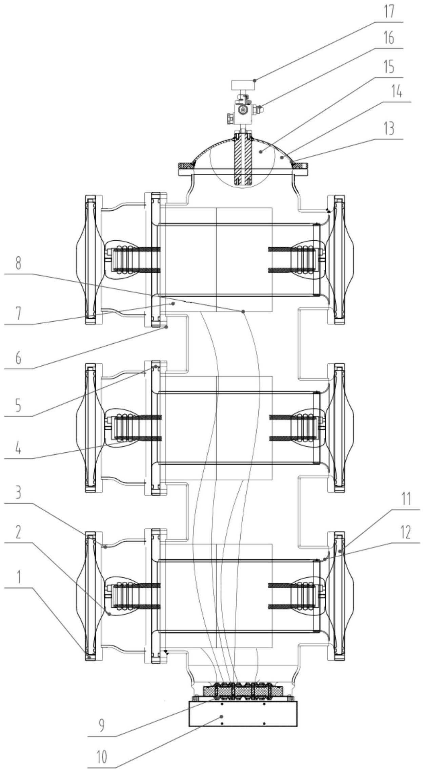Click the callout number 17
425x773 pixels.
pyautogui.click(x=389, y=12)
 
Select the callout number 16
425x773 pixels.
pyautogui.click(x=389, y=38)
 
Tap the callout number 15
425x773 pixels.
pyautogui.click(x=389, y=66)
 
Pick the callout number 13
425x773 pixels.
pyautogui.click(x=389, y=129)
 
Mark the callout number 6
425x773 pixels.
pyautogui.click(x=18, y=358)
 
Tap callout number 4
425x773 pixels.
pyautogui.click(x=18, y=448)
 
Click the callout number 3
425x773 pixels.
pyautogui.click(x=18, y=493)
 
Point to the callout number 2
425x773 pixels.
pyautogui.click(x=18, y=533)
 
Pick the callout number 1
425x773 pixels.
pyautogui.click(x=19, y=578)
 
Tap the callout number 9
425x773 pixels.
pyautogui.click(x=101, y=725)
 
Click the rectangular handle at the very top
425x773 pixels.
pyautogui.click(x=243, y=85)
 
